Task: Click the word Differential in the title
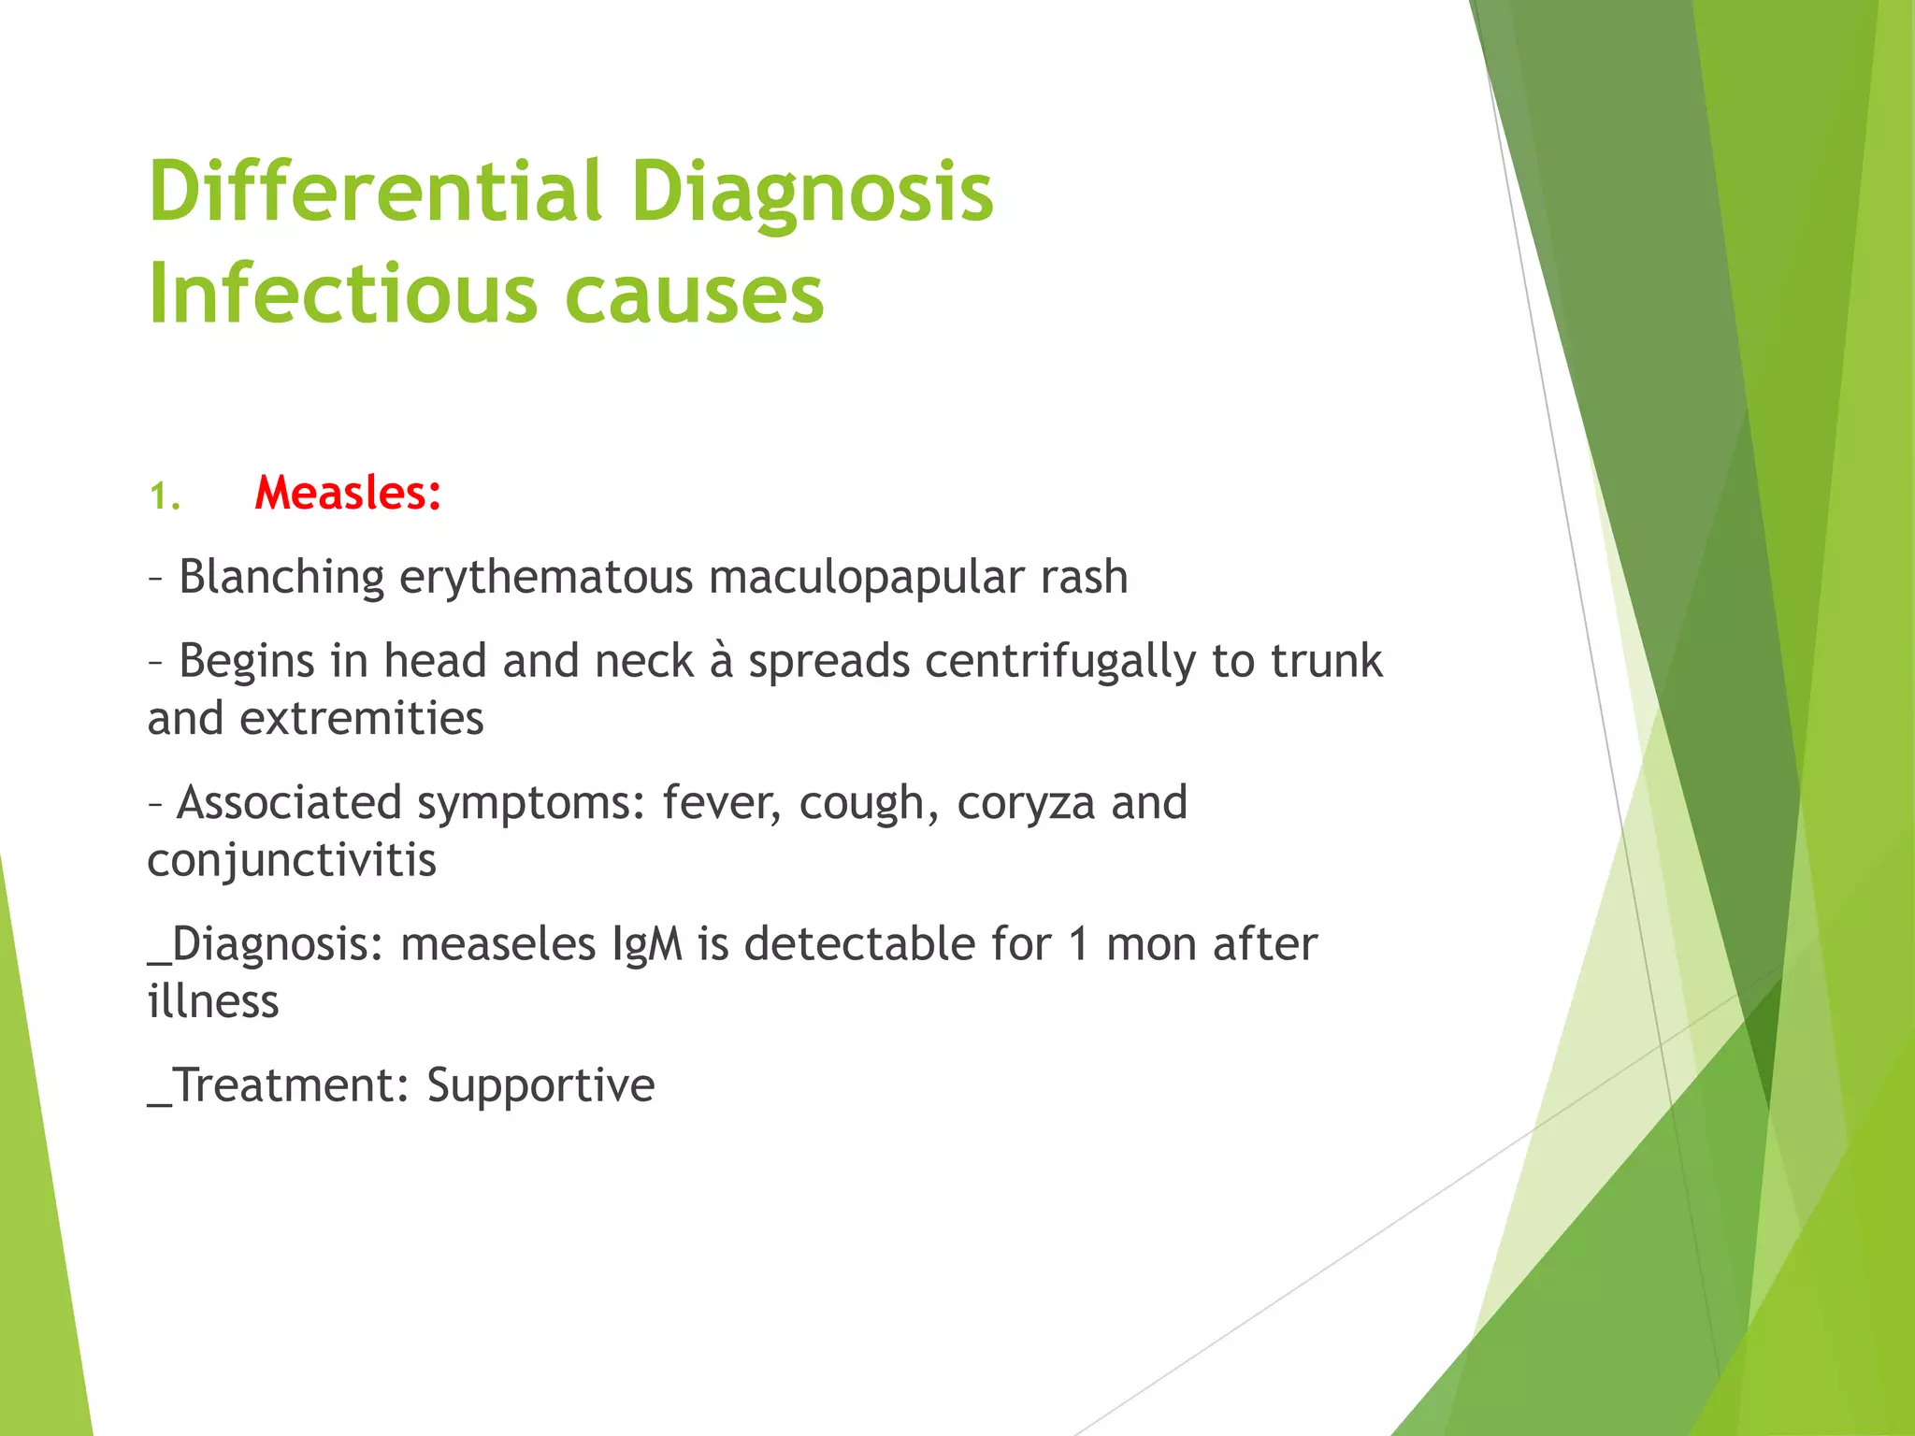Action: (x=374, y=192)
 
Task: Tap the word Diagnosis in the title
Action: (x=812, y=192)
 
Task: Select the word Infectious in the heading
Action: (x=342, y=294)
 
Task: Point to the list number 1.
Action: (x=165, y=496)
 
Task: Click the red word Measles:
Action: (x=348, y=493)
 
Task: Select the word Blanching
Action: (x=281, y=577)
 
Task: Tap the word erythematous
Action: (x=546, y=577)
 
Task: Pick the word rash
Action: (x=1085, y=577)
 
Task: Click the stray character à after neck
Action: (x=721, y=661)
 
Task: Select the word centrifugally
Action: (x=1060, y=661)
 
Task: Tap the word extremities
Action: (x=362, y=719)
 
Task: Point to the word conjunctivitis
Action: (x=292, y=860)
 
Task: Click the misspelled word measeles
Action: (x=497, y=944)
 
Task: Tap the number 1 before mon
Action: (x=1078, y=944)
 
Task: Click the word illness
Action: (x=213, y=1002)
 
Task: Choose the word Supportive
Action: (x=540, y=1085)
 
